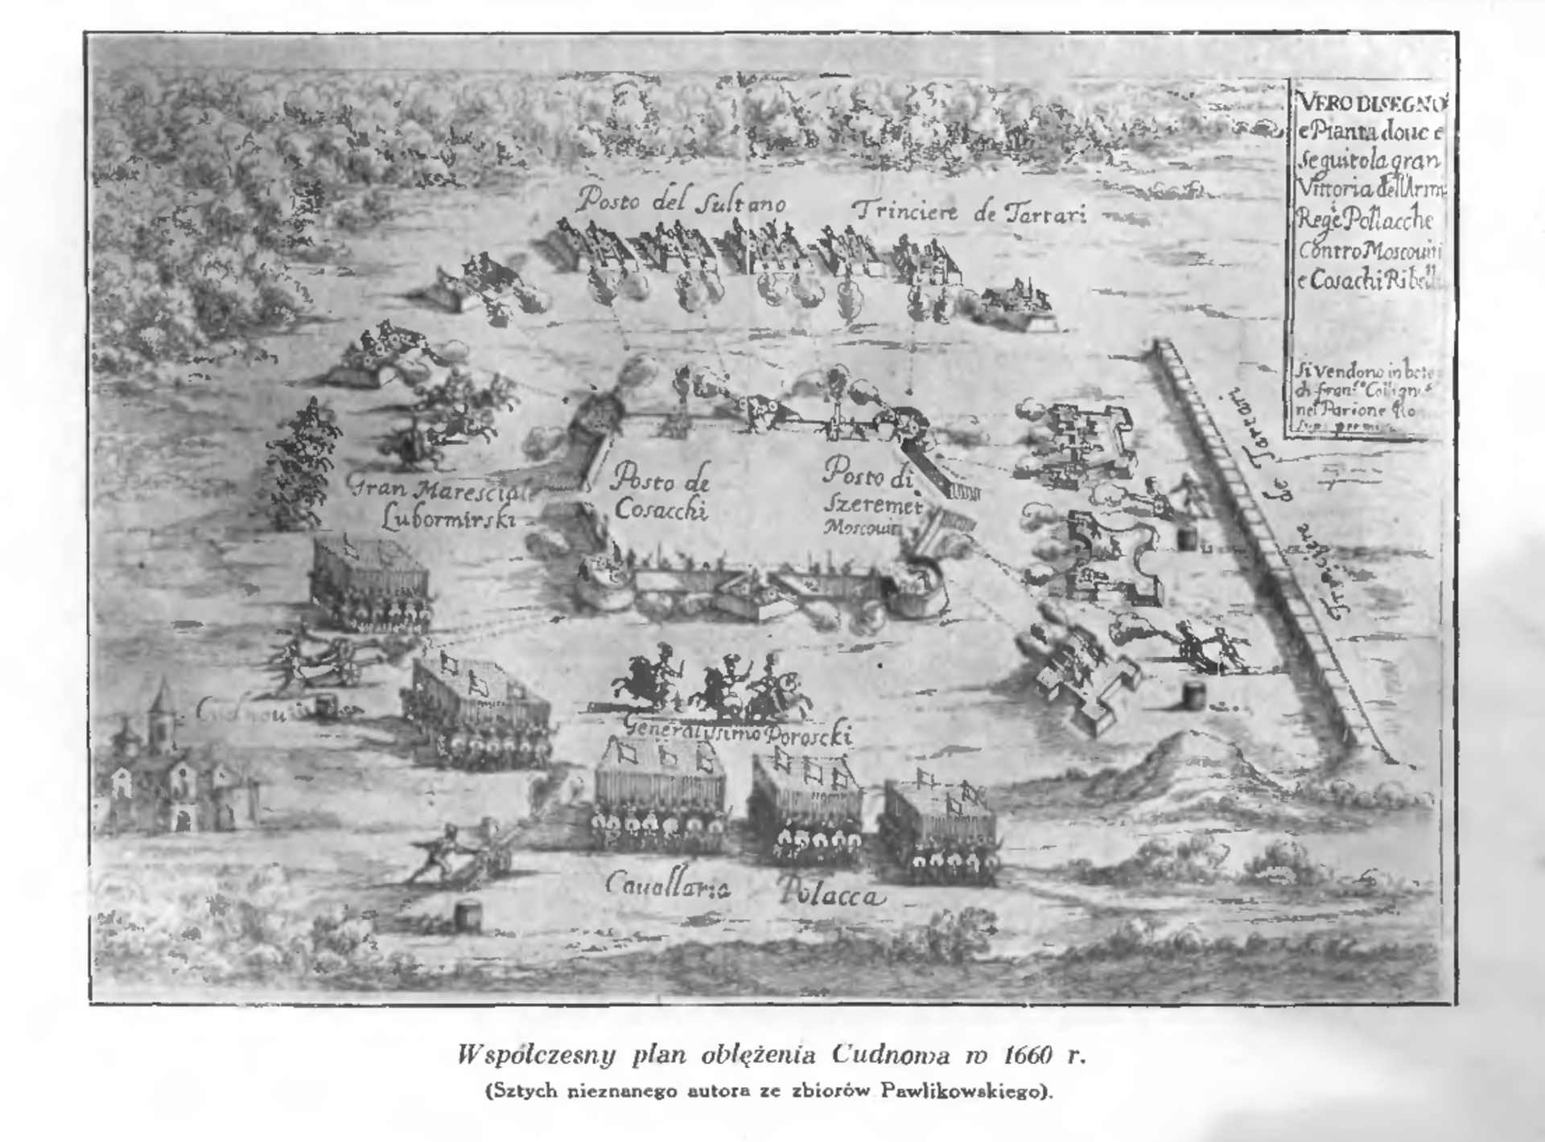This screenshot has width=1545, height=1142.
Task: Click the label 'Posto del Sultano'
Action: click(x=681, y=200)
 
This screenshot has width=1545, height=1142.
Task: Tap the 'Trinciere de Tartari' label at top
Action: click(x=970, y=212)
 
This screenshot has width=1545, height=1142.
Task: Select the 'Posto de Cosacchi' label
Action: click(x=660, y=496)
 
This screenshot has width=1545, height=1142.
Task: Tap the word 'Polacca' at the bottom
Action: click(x=831, y=893)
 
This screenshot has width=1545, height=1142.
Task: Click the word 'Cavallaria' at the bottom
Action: click(x=667, y=885)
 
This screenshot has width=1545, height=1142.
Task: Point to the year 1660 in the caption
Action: click(x=1028, y=1054)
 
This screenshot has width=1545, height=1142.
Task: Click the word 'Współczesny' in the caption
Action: click(x=536, y=1054)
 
